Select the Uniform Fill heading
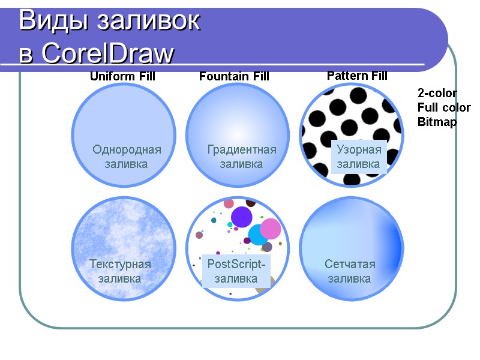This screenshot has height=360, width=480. [122, 76]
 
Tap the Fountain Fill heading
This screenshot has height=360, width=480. [234, 76]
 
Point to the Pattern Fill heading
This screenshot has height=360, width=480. [357, 76]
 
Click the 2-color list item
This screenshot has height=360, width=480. [437, 93]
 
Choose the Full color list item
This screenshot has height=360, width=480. [444, 107]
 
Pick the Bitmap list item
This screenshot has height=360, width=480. [437, 122]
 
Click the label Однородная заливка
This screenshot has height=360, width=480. [127, 157]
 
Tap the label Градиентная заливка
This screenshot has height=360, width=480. [241, 157]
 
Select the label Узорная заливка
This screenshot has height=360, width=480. [358, 157]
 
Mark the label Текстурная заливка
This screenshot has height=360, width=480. [120, 271]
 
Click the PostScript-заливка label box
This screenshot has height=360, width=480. [236, 271]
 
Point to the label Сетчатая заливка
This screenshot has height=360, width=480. [349, 271]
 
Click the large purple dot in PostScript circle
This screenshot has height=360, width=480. [241, 217]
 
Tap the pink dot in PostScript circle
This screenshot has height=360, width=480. [271, 228]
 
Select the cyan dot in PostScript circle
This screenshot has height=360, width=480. [258, 235]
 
